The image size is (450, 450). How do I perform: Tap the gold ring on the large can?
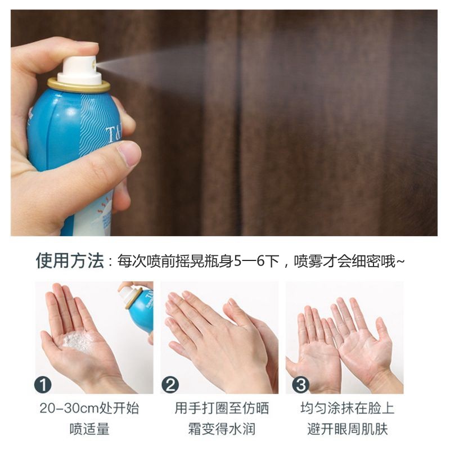pyautogui.click(x=78, y=85)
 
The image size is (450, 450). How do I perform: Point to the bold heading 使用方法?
pyautogui.click(x=70, y=261)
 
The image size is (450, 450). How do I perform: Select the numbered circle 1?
pyautogui.click(x=43, y=385)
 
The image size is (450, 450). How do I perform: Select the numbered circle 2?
pyautogui.click(x=170, y=385)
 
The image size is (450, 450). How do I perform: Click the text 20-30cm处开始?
pyautogui.click(x=89, y=408)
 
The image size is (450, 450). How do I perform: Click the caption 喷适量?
pyautogui.click(x=90, y=430)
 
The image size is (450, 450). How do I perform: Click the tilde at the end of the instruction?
pyautogui.click(x=400, y=262)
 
